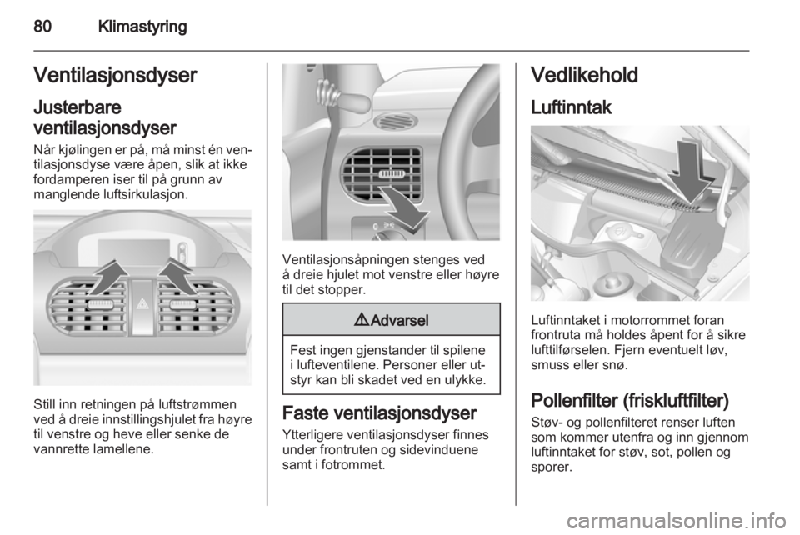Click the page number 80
point(42,26)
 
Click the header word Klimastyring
point(142,27)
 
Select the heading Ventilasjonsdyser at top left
point(115,75)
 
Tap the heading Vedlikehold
point(584,75)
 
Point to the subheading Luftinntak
point(571,107)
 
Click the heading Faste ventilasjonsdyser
point(379,412)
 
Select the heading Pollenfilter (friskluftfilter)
point(630,400)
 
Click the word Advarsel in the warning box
point(399,320)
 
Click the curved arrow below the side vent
point(405,207)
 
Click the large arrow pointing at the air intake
point(690,171)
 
